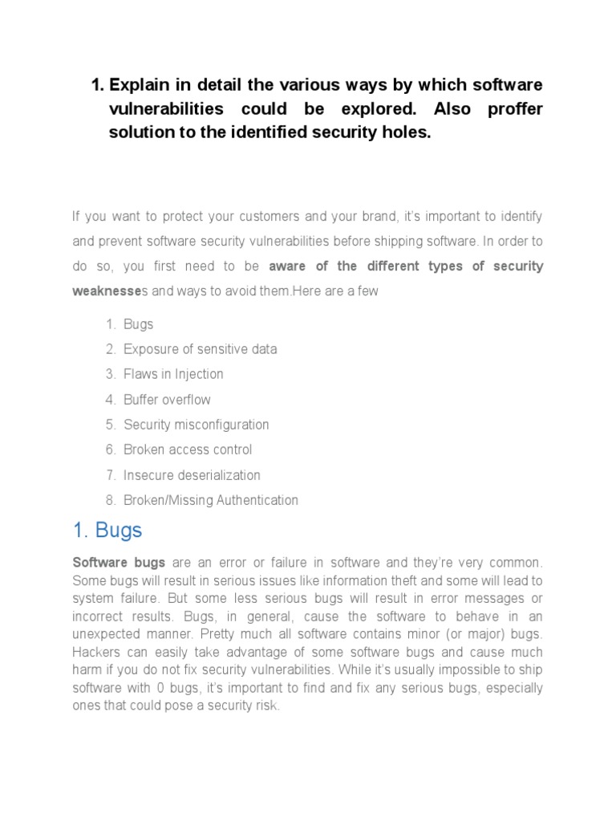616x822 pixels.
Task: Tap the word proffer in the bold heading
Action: (x=515, y=109)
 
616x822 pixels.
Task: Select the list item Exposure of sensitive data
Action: (x=200, y=349)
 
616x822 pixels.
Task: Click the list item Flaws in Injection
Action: (x=173, y=374)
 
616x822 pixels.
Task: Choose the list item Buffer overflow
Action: (x=167, y=399)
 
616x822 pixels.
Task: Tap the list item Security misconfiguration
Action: (x=196, y=424)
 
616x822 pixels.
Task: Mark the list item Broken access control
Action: (x=188, y=450)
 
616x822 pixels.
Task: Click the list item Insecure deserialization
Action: (x=192, y=474)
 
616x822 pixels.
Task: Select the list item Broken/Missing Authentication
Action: (x=210, y=500)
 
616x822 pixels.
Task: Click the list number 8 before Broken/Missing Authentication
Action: (x=109, y=500)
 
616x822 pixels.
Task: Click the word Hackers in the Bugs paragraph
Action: (x=95, y=653)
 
